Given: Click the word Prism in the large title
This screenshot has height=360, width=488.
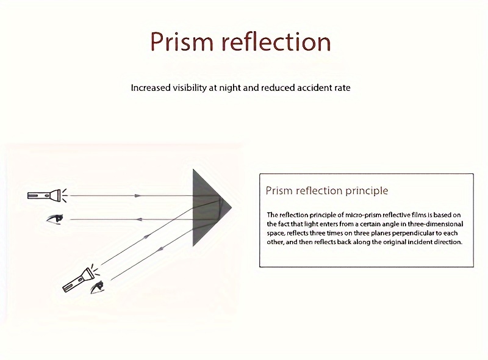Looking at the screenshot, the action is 181,41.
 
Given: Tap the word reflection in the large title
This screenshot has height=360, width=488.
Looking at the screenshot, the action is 276,41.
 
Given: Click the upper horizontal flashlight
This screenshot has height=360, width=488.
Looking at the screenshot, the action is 48,195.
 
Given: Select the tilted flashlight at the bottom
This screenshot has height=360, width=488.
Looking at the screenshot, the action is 81,278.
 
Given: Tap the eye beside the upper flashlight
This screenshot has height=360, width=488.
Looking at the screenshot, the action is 55,218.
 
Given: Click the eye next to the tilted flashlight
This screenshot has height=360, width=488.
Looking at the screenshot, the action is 97,287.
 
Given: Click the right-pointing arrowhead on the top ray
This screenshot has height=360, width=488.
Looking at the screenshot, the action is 137,196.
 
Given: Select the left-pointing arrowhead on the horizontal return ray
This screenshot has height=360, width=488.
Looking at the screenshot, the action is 139,220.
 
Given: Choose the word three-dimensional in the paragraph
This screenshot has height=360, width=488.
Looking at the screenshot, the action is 436,224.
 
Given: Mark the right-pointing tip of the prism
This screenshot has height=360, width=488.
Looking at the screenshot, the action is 232,207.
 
